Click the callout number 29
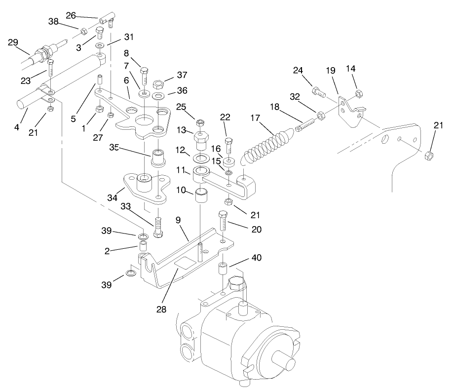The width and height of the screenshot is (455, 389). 13,42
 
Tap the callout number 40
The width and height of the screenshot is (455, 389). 256,258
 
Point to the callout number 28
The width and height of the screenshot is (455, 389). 161,310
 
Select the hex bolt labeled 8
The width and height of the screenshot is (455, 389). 144,76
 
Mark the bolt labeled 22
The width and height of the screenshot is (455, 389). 228,146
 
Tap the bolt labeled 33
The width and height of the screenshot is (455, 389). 158,227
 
